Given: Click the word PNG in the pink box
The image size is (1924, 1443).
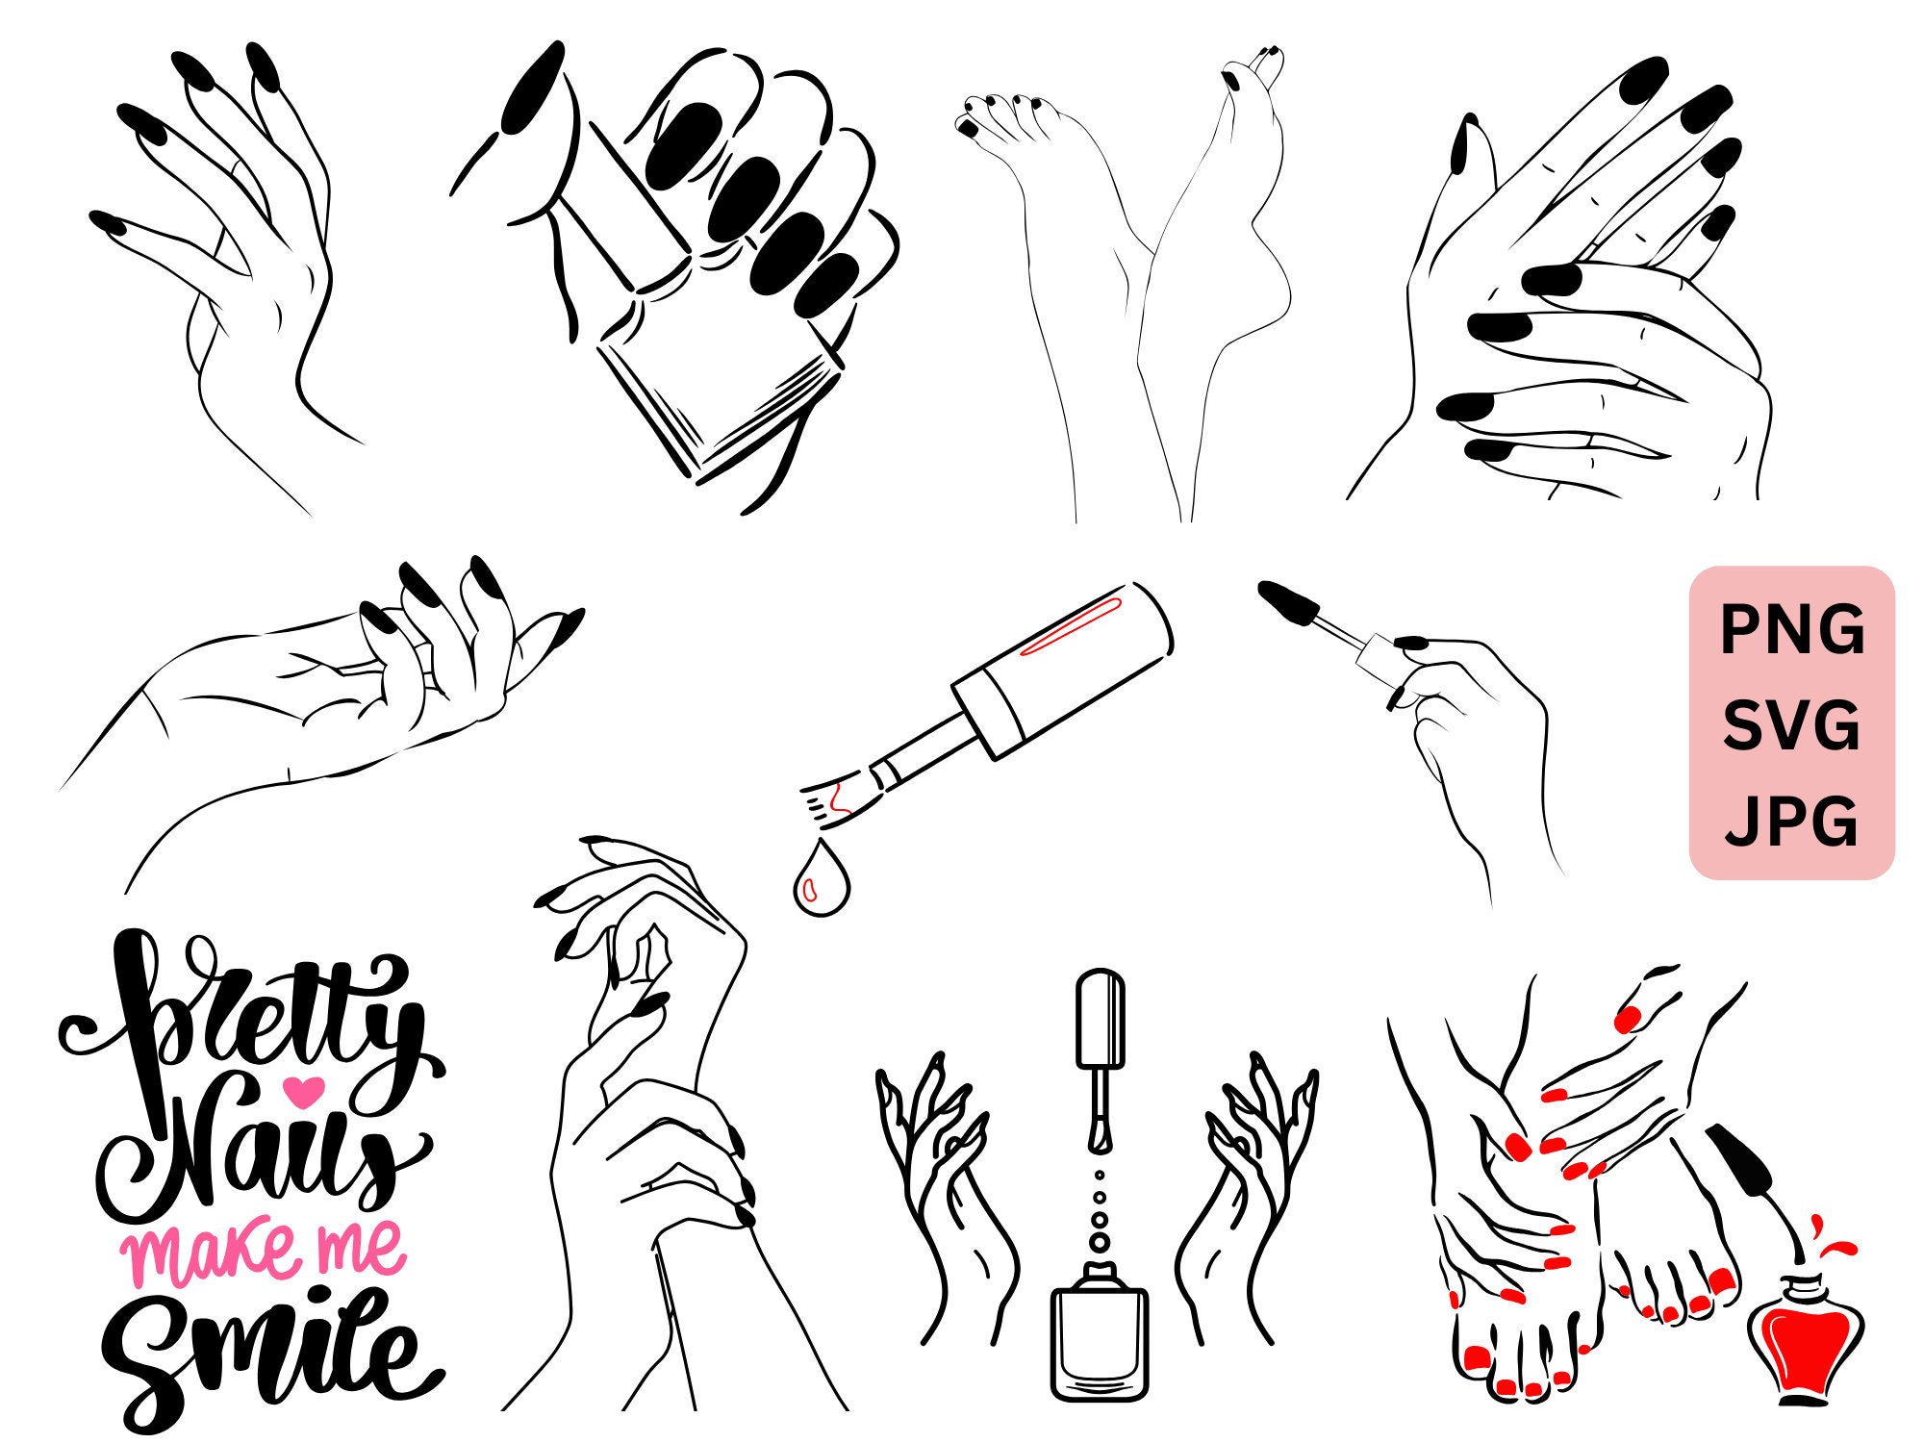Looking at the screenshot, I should click(1791, 630).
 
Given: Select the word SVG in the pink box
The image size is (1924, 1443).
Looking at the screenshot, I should click(1791, 726).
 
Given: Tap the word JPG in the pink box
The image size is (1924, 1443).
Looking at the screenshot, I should click(1791, 823).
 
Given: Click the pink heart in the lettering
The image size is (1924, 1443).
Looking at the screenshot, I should click(305, 1090).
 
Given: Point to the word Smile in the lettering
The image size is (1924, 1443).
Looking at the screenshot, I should click(269, 1352).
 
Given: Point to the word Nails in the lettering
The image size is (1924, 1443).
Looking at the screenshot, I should click(260, 1154).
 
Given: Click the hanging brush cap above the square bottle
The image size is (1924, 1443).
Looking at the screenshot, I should click(1101, 1020).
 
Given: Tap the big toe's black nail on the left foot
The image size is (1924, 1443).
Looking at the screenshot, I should click(969, 126).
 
